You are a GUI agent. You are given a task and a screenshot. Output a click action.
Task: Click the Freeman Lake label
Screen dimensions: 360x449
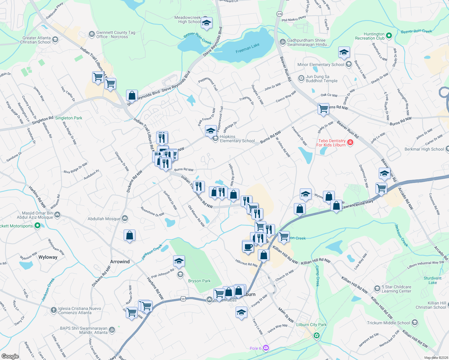[247, 48]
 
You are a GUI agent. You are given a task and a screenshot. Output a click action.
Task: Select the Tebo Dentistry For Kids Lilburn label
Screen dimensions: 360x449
[331, 143]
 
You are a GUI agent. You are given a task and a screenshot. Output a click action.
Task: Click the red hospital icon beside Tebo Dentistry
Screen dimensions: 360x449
[350, 142]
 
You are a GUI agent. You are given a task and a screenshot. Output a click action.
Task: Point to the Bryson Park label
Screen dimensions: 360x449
[199, 281]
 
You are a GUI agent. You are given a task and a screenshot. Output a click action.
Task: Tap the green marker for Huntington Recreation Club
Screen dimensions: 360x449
[389, 36]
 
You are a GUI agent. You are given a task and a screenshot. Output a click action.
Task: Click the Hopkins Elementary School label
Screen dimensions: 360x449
[237, 139]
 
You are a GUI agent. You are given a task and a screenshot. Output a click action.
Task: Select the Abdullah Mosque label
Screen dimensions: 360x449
[104, 219]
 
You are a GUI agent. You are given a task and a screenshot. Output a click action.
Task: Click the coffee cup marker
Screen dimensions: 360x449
[248, 247]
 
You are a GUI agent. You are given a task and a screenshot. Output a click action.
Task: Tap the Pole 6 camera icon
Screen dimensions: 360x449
[266, 348]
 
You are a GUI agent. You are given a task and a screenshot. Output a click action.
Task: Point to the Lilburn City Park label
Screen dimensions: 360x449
[311, 325]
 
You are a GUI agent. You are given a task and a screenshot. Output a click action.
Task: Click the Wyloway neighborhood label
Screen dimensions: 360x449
[48, 257]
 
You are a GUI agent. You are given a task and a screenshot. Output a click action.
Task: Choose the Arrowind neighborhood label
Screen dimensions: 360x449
[120, 262]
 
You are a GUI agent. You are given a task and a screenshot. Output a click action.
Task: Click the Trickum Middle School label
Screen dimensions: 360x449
[388, 323]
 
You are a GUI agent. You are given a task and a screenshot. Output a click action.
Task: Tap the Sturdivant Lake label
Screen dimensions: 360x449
[432, 280]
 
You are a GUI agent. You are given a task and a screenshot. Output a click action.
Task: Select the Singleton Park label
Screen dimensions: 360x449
[68, 118]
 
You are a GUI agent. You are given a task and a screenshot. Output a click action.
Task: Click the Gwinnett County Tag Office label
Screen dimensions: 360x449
[116, 34]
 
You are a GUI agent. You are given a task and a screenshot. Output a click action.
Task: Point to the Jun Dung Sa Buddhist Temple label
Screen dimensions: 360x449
[321, 79]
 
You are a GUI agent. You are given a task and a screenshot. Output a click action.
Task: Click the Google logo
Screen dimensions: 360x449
[10, 356]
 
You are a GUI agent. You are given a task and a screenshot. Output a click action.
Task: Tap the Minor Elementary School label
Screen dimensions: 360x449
[321, 64]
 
